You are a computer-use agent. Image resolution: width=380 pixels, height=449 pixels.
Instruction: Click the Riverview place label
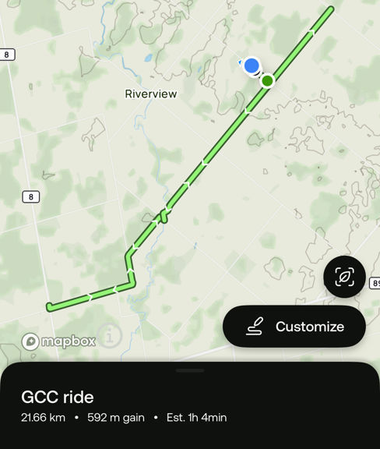point(151,94)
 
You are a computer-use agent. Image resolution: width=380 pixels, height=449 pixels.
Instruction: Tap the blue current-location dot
point(251,65)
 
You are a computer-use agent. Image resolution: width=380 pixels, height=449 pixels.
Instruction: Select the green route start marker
point(267,80)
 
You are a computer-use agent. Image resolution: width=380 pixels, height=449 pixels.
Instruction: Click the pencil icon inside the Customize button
point(254,327)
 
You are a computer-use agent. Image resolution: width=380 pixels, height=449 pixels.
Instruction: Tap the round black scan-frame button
point(344,277)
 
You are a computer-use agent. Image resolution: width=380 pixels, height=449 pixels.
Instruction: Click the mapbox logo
point(59,341)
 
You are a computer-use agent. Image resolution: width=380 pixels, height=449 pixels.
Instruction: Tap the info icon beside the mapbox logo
point(110,336)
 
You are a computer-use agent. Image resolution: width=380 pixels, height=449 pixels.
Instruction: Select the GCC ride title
point(58,398)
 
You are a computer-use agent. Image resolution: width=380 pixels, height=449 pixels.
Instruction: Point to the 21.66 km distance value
point(43,418)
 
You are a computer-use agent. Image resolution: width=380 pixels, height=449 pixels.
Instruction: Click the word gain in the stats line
point(132,418)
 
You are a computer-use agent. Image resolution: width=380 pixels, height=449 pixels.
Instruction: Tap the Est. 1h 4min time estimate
point(196,418)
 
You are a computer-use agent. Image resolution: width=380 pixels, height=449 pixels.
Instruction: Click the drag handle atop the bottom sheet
point(190,370)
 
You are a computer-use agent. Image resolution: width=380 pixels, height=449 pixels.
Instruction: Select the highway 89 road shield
point(375,283)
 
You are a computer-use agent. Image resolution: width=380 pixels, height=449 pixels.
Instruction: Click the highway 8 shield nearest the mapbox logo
point(30,196)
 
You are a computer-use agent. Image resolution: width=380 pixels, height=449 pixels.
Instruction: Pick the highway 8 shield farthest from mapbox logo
point(7,55)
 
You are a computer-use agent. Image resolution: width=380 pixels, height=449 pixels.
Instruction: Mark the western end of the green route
point(49,306)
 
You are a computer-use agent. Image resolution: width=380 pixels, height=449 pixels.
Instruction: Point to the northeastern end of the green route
point(331,9)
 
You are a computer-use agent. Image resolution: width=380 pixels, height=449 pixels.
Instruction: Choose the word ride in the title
point(79,398)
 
